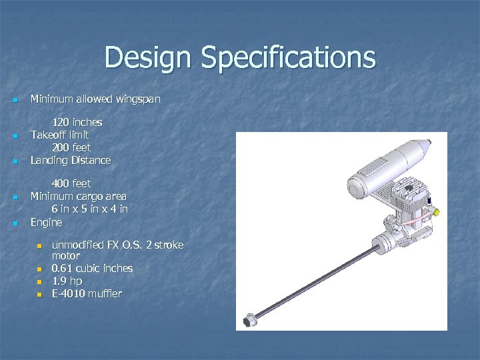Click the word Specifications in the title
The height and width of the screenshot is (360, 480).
(x=288, y=58)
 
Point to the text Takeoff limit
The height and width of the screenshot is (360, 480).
(x=60, y=135)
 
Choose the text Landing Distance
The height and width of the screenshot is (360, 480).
(x=71, y=160)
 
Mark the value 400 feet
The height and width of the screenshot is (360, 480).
(x=71, y=183)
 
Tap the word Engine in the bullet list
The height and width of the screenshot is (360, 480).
(x=46, y=222)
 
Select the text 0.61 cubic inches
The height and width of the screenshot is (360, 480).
(x=92, y=268)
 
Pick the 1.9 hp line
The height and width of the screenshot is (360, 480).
(x=67, y=281)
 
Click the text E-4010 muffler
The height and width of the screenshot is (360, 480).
(x=87, y=294)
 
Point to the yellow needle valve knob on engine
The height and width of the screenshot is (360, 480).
(x=436, y=211)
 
